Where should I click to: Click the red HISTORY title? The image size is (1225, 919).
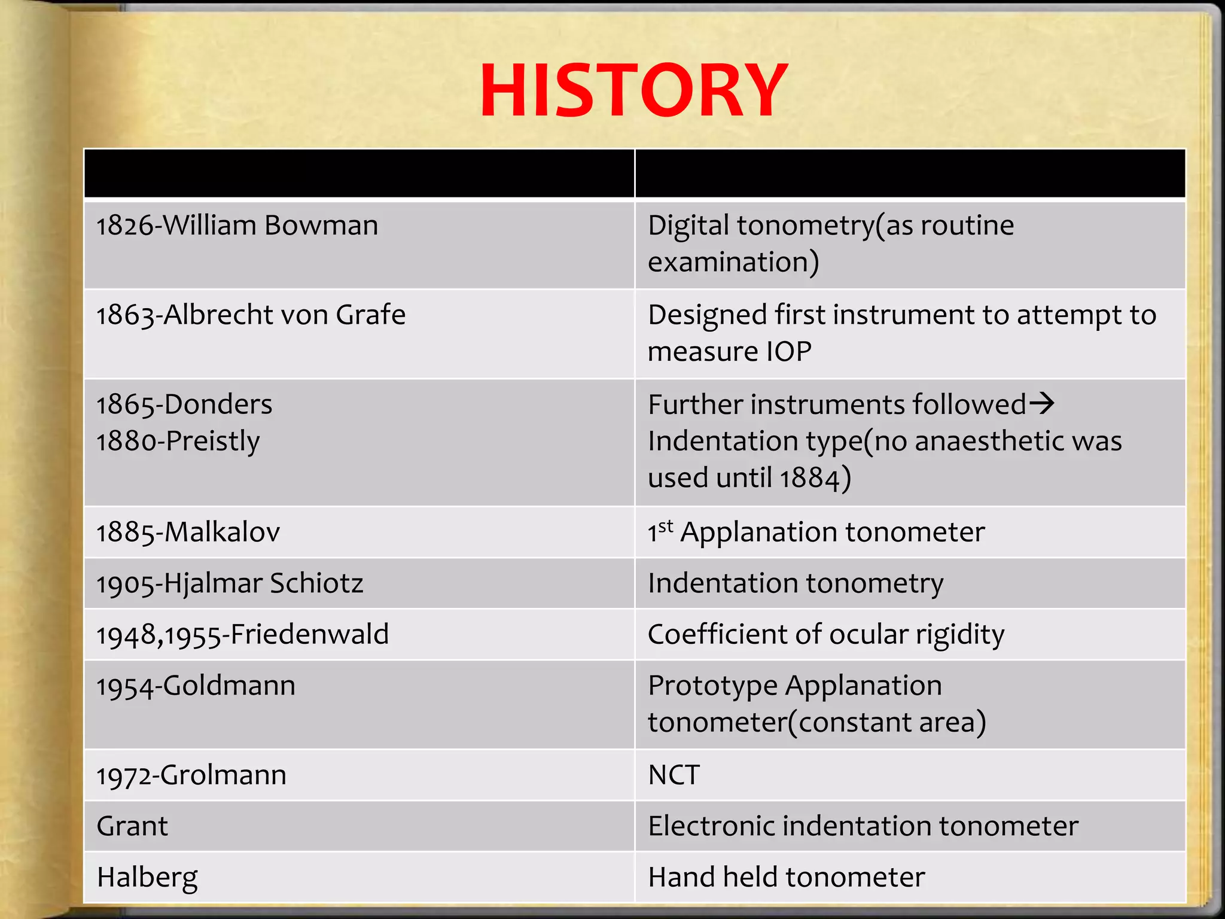tap(633, 91)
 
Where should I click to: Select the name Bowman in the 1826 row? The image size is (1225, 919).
tap(321, 226)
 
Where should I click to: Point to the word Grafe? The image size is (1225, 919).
tap(370, 315)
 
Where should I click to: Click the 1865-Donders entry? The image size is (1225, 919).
tap(184, 404)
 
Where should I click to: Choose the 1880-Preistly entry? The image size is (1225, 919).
tap(178, 442)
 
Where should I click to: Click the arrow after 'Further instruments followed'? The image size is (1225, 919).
tap(1041, 404)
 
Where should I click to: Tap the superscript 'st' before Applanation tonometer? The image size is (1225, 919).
tap(666, 527)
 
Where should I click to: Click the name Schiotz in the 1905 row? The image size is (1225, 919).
tap(316, 583)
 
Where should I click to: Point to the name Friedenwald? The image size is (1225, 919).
tap(309, 634)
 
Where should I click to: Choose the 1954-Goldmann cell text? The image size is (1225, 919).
tap(196, 686)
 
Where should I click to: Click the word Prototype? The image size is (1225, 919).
tap(712, 686)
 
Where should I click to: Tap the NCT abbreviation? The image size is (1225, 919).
tap(674, 775)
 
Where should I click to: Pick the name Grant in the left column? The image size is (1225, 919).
tap(132, 826)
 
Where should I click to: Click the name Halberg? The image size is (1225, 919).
tap(147, 878)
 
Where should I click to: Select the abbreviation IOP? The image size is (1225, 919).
tap(789, 351)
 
